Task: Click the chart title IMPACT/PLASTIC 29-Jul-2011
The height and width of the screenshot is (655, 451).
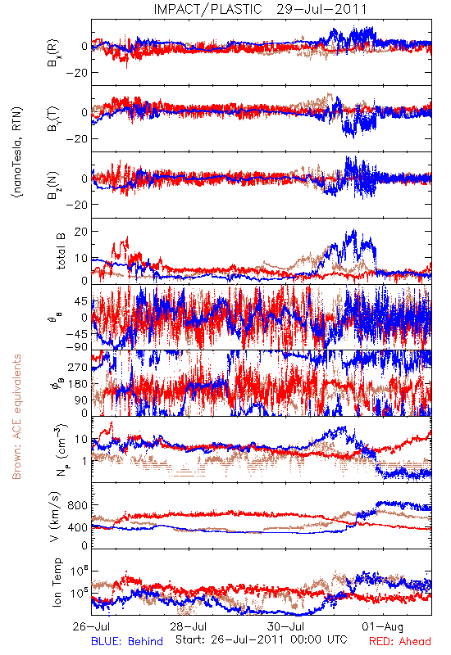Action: (x=260, y=9)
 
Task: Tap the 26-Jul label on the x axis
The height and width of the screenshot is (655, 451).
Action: (x=92, y=626)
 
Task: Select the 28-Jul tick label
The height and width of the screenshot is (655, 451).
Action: (x=189, y=626)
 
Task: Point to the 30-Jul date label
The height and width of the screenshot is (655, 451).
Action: (x=286, y=626)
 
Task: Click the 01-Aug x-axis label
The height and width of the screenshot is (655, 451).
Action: (x=383, y=626)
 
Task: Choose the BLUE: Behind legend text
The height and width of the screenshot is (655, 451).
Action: (x=127, y=641)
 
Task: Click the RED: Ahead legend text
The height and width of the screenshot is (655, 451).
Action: (x=400, y=641)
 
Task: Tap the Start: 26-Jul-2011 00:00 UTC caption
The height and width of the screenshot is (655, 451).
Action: (x=262, y=639)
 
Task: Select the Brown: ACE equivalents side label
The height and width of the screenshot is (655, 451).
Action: (x=16, y=417)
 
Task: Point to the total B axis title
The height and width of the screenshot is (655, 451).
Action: (x=61, y=251)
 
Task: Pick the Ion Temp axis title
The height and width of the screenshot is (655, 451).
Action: (x=57, y=582)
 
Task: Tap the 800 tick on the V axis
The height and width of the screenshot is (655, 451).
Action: (x=78, y=505)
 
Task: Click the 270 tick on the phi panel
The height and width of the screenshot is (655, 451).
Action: (x=78, y=367)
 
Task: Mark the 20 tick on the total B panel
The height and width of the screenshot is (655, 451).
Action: (x=81, y=232)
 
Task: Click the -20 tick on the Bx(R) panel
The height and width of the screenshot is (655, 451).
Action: (x=76, y=73)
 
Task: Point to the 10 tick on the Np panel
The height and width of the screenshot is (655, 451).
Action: (x=81, y=439)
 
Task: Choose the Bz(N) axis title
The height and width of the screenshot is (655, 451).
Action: (x=53, y=185)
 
